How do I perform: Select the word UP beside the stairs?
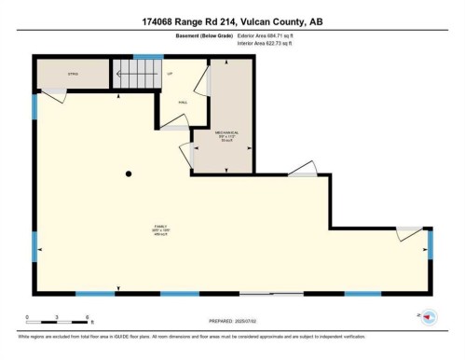(170, 71)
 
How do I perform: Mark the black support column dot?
(130, 173)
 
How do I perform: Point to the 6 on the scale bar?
(87, 318)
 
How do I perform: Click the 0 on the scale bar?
(28, 318)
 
